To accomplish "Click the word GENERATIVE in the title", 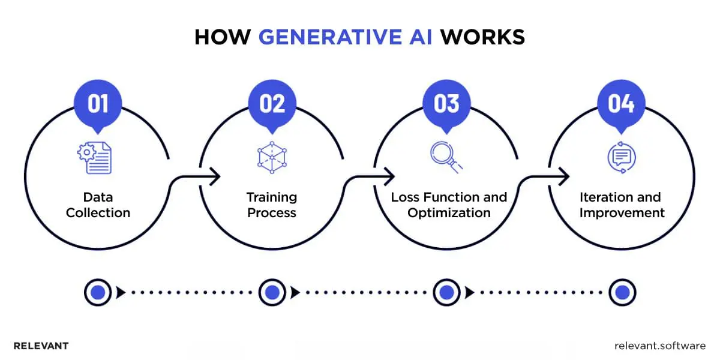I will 346,37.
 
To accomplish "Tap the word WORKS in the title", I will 483,37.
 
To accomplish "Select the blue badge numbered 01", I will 98,104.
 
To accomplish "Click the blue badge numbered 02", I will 272,104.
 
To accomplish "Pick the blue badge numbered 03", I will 446,104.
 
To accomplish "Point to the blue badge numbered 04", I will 621,104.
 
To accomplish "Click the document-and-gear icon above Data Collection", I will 95,157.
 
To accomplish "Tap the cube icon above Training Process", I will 272,157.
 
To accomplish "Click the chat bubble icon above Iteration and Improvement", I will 621,157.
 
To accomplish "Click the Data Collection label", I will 98,205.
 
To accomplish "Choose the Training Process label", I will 272,205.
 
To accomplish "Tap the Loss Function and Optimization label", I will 449,205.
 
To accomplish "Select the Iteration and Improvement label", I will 621,205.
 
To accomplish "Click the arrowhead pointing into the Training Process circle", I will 215,176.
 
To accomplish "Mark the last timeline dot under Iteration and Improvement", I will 622,292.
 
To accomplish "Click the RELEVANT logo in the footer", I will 41,346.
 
